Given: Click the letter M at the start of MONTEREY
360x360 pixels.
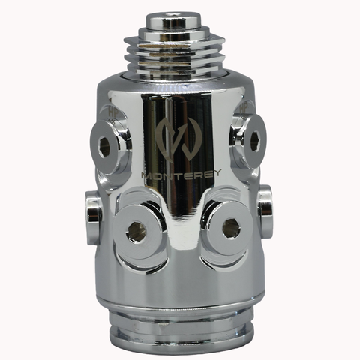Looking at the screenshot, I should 147,175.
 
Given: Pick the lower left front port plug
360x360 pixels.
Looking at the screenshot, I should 136,231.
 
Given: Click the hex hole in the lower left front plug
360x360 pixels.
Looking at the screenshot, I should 136,232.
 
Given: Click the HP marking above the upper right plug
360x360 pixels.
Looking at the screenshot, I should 244,109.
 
